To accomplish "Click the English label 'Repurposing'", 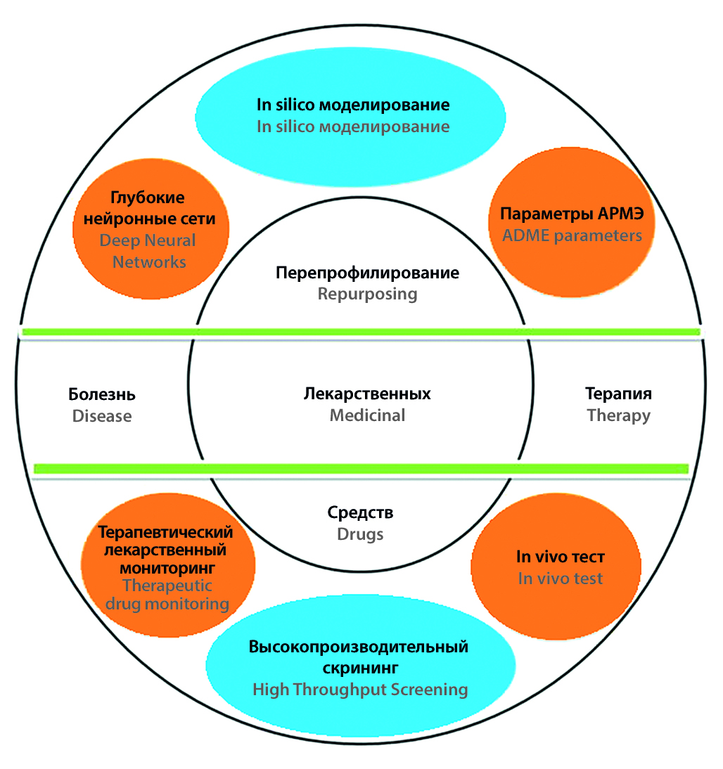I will point(367,294).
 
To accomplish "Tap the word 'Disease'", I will point(102,416).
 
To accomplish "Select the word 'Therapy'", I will point(618,415).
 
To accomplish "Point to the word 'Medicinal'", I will point(367,415).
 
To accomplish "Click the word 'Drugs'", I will point(360,534).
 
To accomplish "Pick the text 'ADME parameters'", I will point(572,235).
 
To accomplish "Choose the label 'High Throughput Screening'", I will point(360,690).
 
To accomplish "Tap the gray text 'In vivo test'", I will point(561,579).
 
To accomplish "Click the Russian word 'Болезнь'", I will point(102,394).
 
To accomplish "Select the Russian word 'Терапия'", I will point(618,393).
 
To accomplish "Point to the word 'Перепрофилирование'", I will point(367,272).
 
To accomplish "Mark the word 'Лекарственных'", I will point(367,393).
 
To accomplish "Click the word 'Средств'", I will point(360,512).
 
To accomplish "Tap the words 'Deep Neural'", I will point(148,240).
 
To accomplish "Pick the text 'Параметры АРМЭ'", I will point(572,214).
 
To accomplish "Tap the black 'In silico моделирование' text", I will point(352,105).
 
